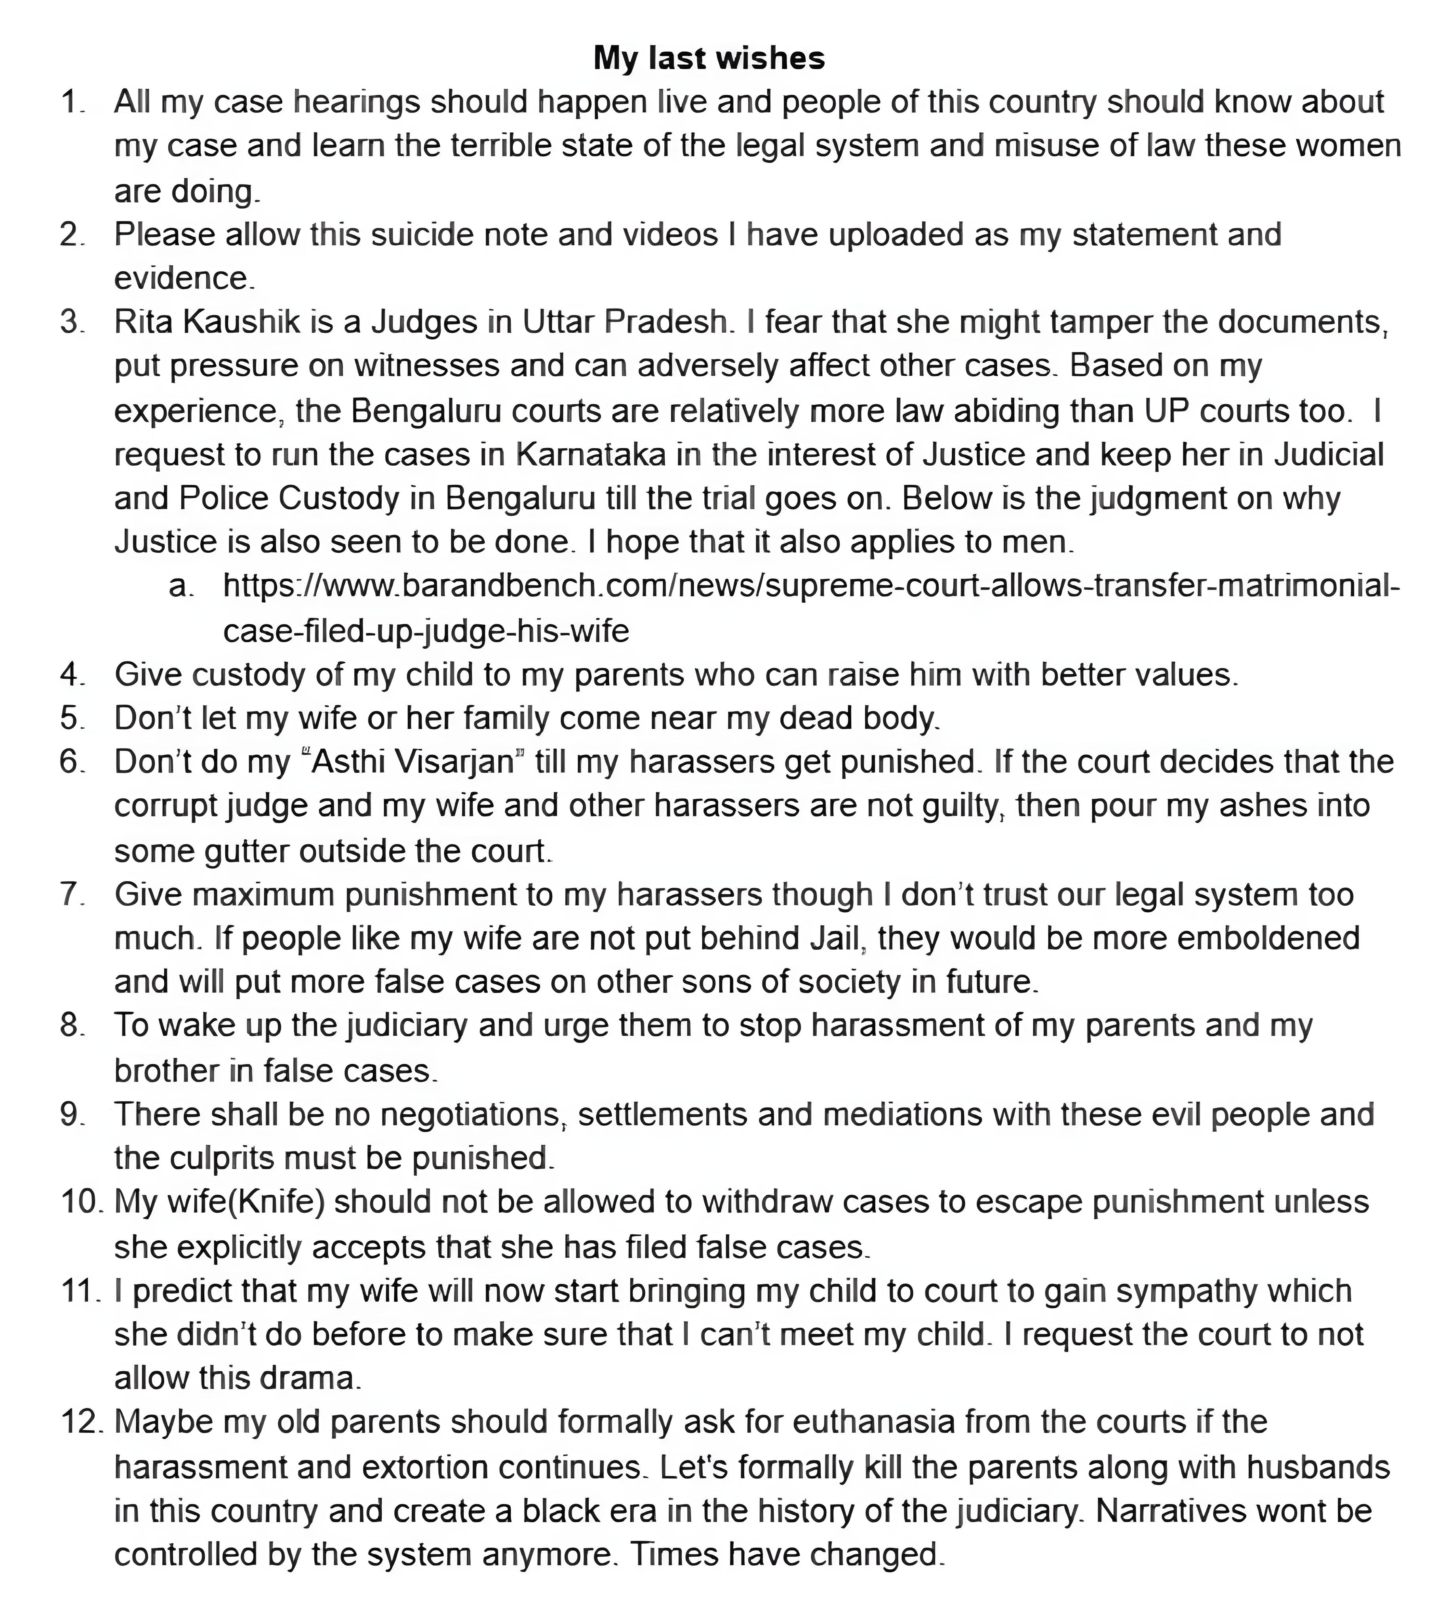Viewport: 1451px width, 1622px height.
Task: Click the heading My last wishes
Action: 709,58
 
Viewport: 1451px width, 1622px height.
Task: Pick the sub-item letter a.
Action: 181,586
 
